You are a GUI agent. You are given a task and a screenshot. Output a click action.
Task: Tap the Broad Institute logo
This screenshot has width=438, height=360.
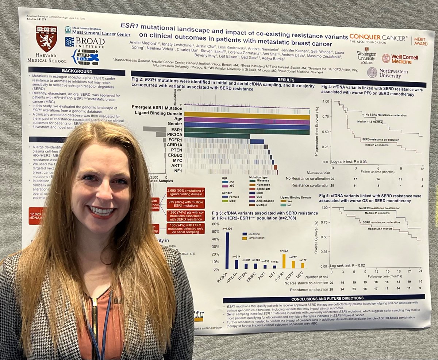pos(85,43)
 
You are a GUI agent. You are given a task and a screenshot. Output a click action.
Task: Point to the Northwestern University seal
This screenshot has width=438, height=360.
pos(372,72)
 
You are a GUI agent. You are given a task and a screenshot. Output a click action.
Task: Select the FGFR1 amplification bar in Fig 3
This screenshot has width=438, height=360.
pos(284,261)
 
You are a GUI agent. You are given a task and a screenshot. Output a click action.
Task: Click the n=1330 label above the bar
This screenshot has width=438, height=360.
pos(227,229)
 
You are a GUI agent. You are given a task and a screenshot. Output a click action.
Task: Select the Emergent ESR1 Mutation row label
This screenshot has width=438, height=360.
pos(157,108)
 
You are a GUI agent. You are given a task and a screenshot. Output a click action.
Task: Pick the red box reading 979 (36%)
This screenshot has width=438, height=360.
pos(185,204)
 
